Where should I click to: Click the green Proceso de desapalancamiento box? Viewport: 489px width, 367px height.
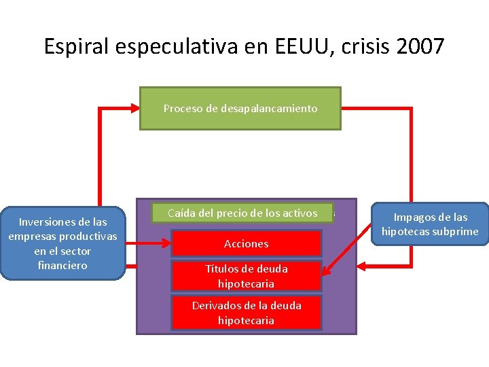[240, 108]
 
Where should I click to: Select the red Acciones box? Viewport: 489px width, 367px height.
[246, 243]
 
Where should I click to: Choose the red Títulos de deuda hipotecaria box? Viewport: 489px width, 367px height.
[246, 276]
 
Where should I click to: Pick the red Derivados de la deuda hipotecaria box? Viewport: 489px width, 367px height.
[246, 313]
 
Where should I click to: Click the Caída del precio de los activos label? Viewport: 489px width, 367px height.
[242, 213]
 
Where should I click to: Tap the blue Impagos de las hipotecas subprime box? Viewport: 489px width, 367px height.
[430, 224]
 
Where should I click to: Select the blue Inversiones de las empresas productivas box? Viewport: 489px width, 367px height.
[62, 243]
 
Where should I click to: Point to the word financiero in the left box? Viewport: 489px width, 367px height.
[62, 266]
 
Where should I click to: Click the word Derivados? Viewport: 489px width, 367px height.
[215, 305]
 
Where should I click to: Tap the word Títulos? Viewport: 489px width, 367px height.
[222, 268]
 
